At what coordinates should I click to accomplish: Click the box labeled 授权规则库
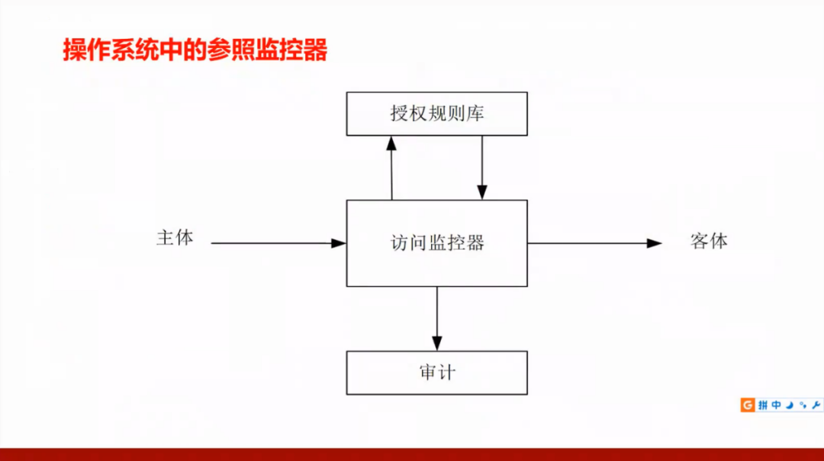(436, 114)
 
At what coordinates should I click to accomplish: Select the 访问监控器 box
(436, 243)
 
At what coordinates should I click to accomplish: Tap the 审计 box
(436, 373)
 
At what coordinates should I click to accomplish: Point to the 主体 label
(175, 238)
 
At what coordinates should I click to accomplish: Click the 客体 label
(709, 242)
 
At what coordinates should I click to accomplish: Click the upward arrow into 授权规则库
(391, 168)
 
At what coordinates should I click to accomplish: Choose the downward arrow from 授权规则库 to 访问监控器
(481, 168)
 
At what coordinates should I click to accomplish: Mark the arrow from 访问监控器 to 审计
(437, 319)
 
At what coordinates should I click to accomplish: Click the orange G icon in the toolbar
(748, 405)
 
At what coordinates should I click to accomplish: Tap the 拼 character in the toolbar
(762, 405)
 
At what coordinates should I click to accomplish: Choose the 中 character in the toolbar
(776, 405)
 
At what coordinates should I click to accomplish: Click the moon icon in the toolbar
(789, 405)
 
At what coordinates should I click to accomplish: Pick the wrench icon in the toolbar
(816, 405)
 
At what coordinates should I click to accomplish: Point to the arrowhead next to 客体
(655, 243)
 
